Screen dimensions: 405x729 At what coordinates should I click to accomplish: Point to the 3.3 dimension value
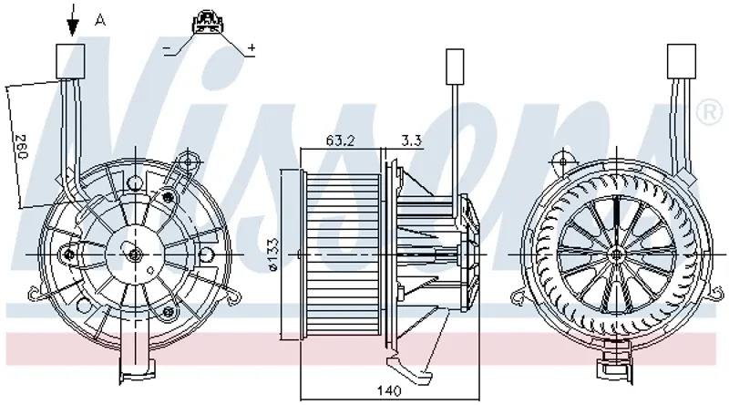tap(410, 141)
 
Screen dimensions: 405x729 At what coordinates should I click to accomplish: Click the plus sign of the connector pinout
tap(252, 47)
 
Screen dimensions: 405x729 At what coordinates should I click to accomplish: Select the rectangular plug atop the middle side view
tap(453, 66)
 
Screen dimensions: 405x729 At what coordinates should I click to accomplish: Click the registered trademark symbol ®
tap(706, 113)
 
